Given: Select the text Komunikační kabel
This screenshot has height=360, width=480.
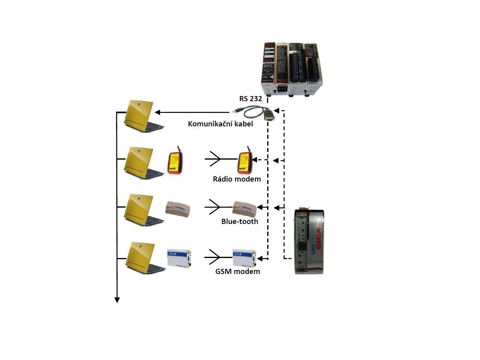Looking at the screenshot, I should point(220,124).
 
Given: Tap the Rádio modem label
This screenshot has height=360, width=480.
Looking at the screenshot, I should point(237,179).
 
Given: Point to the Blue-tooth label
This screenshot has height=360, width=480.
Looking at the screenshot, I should point(240,221).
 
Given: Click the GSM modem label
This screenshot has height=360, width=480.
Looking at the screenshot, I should point(238,272).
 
